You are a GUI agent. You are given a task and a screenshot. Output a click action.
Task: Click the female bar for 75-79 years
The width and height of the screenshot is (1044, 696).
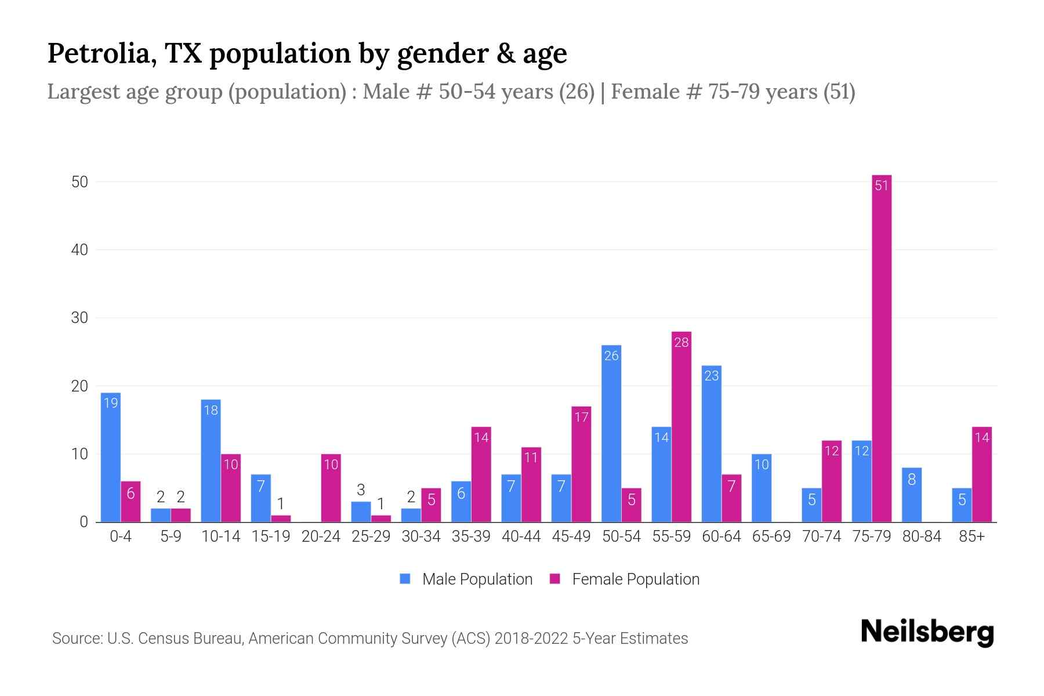[881, 348]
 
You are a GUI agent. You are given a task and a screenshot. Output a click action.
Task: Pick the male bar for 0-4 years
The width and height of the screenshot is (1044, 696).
[111, 458]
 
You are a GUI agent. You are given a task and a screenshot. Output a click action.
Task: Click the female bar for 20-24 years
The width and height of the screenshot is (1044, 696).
[331, 488]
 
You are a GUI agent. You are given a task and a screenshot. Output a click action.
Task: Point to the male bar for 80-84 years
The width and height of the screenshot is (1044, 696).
[912, 495]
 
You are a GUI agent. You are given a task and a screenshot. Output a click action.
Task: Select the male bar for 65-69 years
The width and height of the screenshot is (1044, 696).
[762, 488]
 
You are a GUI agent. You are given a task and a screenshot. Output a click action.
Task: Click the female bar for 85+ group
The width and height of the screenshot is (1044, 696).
[981, 474]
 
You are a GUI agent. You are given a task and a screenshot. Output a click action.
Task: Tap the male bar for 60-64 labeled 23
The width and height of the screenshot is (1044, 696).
[712, 444]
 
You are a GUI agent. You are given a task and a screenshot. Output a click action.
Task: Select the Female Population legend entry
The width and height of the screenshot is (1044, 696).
[625, 579]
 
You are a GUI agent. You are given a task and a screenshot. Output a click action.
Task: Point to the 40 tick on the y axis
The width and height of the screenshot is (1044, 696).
[79, 250]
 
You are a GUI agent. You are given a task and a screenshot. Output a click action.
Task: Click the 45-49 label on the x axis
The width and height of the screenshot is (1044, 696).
[571, 536]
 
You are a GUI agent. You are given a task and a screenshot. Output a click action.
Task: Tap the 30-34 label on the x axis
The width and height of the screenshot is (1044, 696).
[421, 536]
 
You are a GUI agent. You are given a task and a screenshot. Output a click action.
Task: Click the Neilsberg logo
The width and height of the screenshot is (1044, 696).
[927, 632]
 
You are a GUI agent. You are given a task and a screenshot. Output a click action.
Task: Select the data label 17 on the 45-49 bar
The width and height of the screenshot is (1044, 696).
[581, 417]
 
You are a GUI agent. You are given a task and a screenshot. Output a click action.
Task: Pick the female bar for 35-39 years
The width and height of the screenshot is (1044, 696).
[481, 474]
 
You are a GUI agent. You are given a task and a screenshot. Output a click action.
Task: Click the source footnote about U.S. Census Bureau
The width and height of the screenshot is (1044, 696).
[370, 639]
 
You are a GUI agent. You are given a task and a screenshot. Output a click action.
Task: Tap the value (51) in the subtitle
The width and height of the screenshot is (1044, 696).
[839, 92]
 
